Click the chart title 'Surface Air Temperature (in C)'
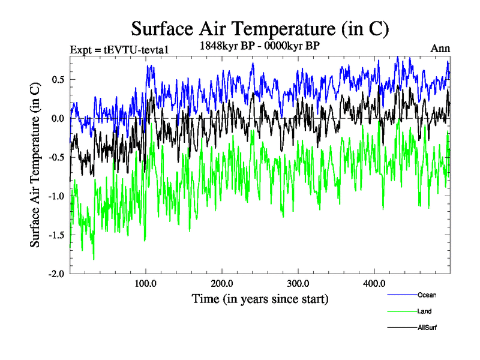pos(260,29)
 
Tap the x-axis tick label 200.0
pos(222,283)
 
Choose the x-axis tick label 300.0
pos(298,283)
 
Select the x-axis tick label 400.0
pos(374,283)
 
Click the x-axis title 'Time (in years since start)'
pos(260,298)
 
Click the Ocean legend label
pos(427,295)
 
